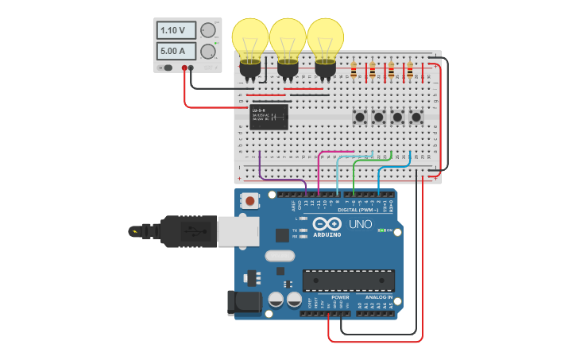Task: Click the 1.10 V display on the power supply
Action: click(176, 31)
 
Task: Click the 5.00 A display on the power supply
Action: click(176, 51)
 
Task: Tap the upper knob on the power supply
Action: click(208, 31)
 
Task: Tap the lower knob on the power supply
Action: click(208, 52)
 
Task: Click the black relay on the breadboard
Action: click(269, 117)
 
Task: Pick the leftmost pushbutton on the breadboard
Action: click(360, 118)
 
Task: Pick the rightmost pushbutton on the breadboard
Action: click(416, 118)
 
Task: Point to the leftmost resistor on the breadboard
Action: click(354, 72)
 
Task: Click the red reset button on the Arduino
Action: click(251, 201)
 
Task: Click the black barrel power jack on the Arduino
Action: click(244, 302)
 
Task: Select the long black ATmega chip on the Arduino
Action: click(348, 281)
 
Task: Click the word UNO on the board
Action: click(361, 225)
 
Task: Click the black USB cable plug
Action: click(187, 231)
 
